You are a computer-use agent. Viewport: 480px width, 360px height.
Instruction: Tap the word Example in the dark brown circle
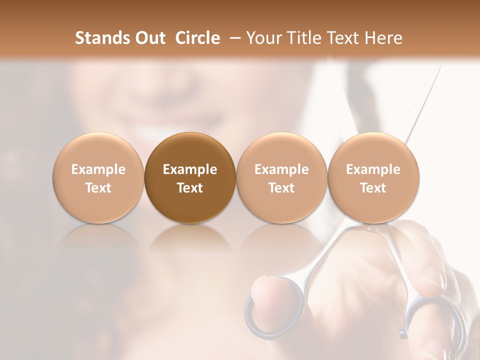pos(190,169)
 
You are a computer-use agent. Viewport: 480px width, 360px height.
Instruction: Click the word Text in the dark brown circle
pos(190,188)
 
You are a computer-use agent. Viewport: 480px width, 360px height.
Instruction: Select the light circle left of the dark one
pos(98,178)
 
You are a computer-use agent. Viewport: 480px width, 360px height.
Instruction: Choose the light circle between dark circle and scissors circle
pos(281,178)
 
